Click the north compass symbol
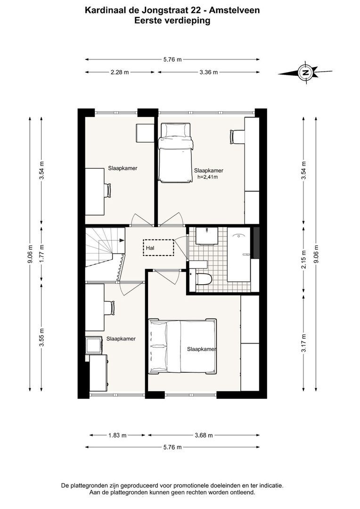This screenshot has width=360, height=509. [x=305, y=73]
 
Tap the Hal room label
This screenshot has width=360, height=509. [x=150, y=246]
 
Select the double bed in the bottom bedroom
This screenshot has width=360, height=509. [x=182, y=346]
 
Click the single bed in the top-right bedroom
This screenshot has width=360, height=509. [x=175, y=152]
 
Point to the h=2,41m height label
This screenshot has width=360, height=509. [x=208, y=178]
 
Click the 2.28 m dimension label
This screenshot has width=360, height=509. [x=120, y=72]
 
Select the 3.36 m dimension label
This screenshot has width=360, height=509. [x=208, y=72]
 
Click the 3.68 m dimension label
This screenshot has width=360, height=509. [x=203, y=435]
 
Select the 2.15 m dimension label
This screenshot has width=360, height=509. [x=304, y=253]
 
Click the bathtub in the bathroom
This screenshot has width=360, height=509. [x=240, y=254]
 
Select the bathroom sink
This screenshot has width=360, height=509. [x=206, y=235]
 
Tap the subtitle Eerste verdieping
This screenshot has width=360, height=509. [x=172, y=20]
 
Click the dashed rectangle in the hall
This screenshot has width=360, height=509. [x=158, y=247]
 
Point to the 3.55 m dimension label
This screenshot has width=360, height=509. [x=41, y=337]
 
